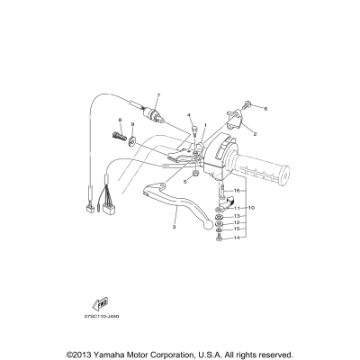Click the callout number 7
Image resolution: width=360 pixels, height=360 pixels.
pos(157,95)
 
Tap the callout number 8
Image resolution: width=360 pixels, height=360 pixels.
pos(119,120)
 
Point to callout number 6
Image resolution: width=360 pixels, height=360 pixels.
pos(266,108)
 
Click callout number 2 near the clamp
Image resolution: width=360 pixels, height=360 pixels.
pos(256,133)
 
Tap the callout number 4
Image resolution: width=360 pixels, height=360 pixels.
pos(190,116)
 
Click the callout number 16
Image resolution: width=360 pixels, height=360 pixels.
pos(237,191)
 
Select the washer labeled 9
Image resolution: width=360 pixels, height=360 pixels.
pos(132,139)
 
